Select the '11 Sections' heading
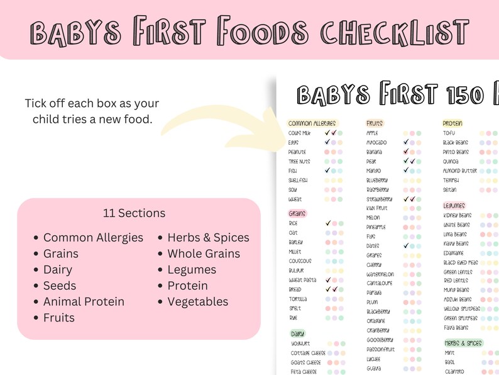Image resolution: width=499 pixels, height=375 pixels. coord(134,213)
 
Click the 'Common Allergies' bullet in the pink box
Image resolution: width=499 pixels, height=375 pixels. coord(93,238)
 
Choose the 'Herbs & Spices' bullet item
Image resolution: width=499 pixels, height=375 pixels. coord(208,238)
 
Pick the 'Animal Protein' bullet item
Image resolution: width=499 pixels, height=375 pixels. coord(84,301)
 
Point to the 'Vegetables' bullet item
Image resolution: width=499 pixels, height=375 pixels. coord(197,301)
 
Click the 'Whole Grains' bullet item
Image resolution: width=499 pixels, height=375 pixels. coord(204,254)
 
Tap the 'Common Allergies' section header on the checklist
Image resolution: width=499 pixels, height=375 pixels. coord(312,123)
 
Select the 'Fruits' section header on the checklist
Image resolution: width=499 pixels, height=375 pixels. coord(374,123)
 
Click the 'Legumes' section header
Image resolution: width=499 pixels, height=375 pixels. coord(454,205)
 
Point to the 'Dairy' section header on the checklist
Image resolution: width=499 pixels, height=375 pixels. coord(298,333)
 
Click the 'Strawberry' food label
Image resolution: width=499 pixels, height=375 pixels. coord(380,199)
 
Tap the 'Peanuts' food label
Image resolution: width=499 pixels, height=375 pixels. coord(297,152)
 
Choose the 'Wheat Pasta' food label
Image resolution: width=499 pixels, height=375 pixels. coord(302,280)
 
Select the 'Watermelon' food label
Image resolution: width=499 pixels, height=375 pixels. coord(380,274)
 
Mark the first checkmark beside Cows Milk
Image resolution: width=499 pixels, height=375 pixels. coord(327,133)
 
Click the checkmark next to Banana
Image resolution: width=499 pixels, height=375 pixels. coord(406,152)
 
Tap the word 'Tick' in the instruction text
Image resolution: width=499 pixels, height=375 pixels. coord(36,103)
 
